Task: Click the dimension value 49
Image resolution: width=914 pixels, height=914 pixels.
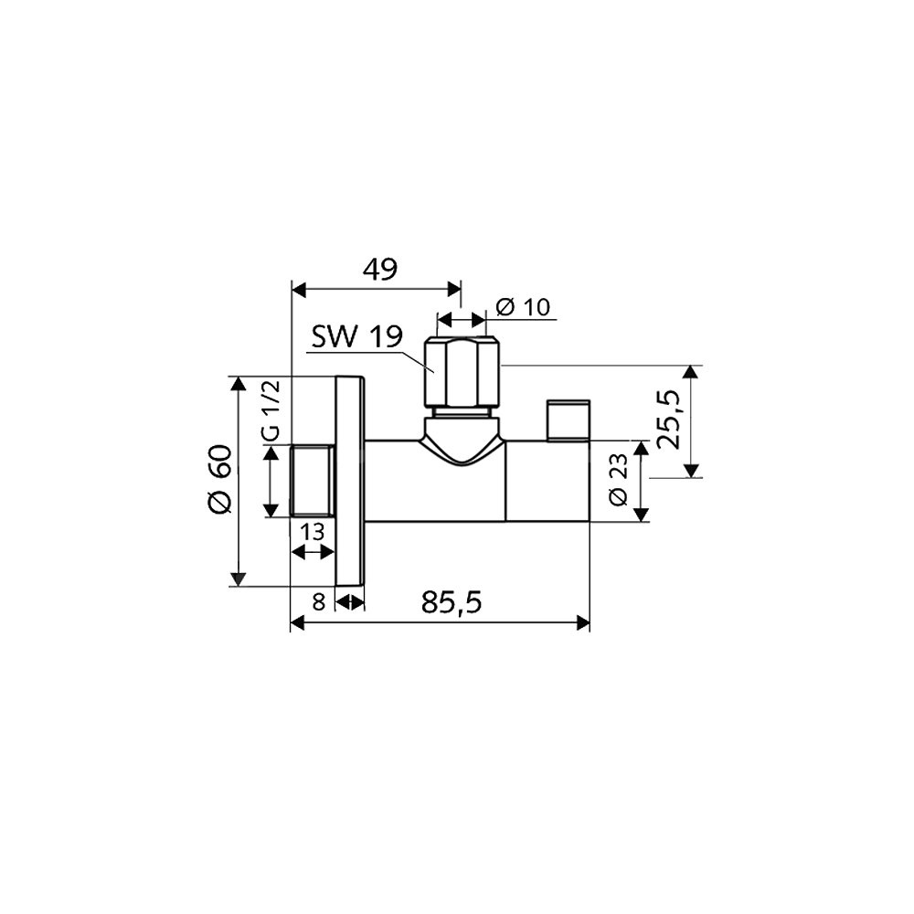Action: click(380, 270)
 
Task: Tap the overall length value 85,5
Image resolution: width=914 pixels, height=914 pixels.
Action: click(452, 602)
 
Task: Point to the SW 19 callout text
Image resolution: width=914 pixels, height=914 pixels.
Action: click(356, 336)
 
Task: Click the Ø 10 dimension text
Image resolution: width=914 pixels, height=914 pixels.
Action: click(523, 306)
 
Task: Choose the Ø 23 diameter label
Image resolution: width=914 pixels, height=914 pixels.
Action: click(618, 480)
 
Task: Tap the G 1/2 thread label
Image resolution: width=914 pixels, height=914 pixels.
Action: click(272, 409)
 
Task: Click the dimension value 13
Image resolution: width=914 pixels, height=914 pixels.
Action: click(313, 532)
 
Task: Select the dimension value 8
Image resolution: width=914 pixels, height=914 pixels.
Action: click(318, 601)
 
